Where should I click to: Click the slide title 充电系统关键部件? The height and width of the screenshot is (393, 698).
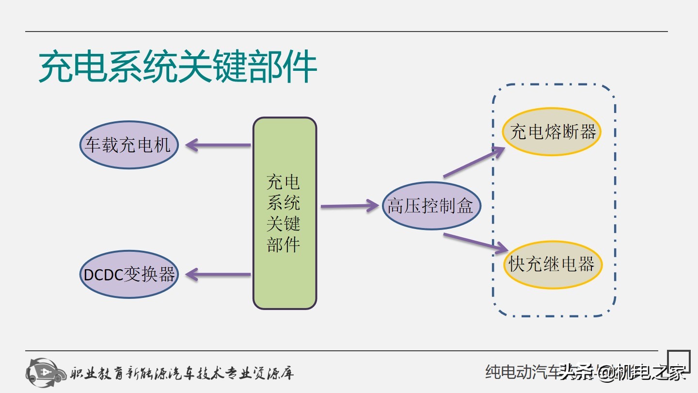[x=177, y=67]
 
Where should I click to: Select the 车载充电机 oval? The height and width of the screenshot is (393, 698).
[x=129, y=145]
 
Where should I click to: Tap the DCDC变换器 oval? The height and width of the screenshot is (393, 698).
[x=129, y=274]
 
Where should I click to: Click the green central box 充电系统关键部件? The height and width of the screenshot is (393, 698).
[x=285, y=213]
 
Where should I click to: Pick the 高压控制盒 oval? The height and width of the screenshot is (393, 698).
[x=430, y=206]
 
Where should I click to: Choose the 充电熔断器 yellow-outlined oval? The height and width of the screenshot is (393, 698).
[x=552, y=131]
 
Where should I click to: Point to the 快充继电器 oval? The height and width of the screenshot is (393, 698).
[x=552, y=264]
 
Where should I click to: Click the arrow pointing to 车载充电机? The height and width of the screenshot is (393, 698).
[x=218, y=145]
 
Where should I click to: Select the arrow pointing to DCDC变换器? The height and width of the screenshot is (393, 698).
[x=218, y=274]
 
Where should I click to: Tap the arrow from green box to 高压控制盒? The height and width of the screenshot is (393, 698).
[x=349, y=206]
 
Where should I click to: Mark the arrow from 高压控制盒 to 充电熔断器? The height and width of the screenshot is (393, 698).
[x=474, y=162]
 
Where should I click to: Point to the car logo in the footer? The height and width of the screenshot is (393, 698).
[x=46, y=372]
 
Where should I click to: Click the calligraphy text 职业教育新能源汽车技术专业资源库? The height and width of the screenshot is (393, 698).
[x=182, y=373]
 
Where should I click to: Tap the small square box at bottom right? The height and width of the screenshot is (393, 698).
[x=679, y=361]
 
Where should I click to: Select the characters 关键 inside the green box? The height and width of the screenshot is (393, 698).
[x=284, y=224]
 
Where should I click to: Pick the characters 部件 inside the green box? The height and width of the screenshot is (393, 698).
[x=284, y=245]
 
